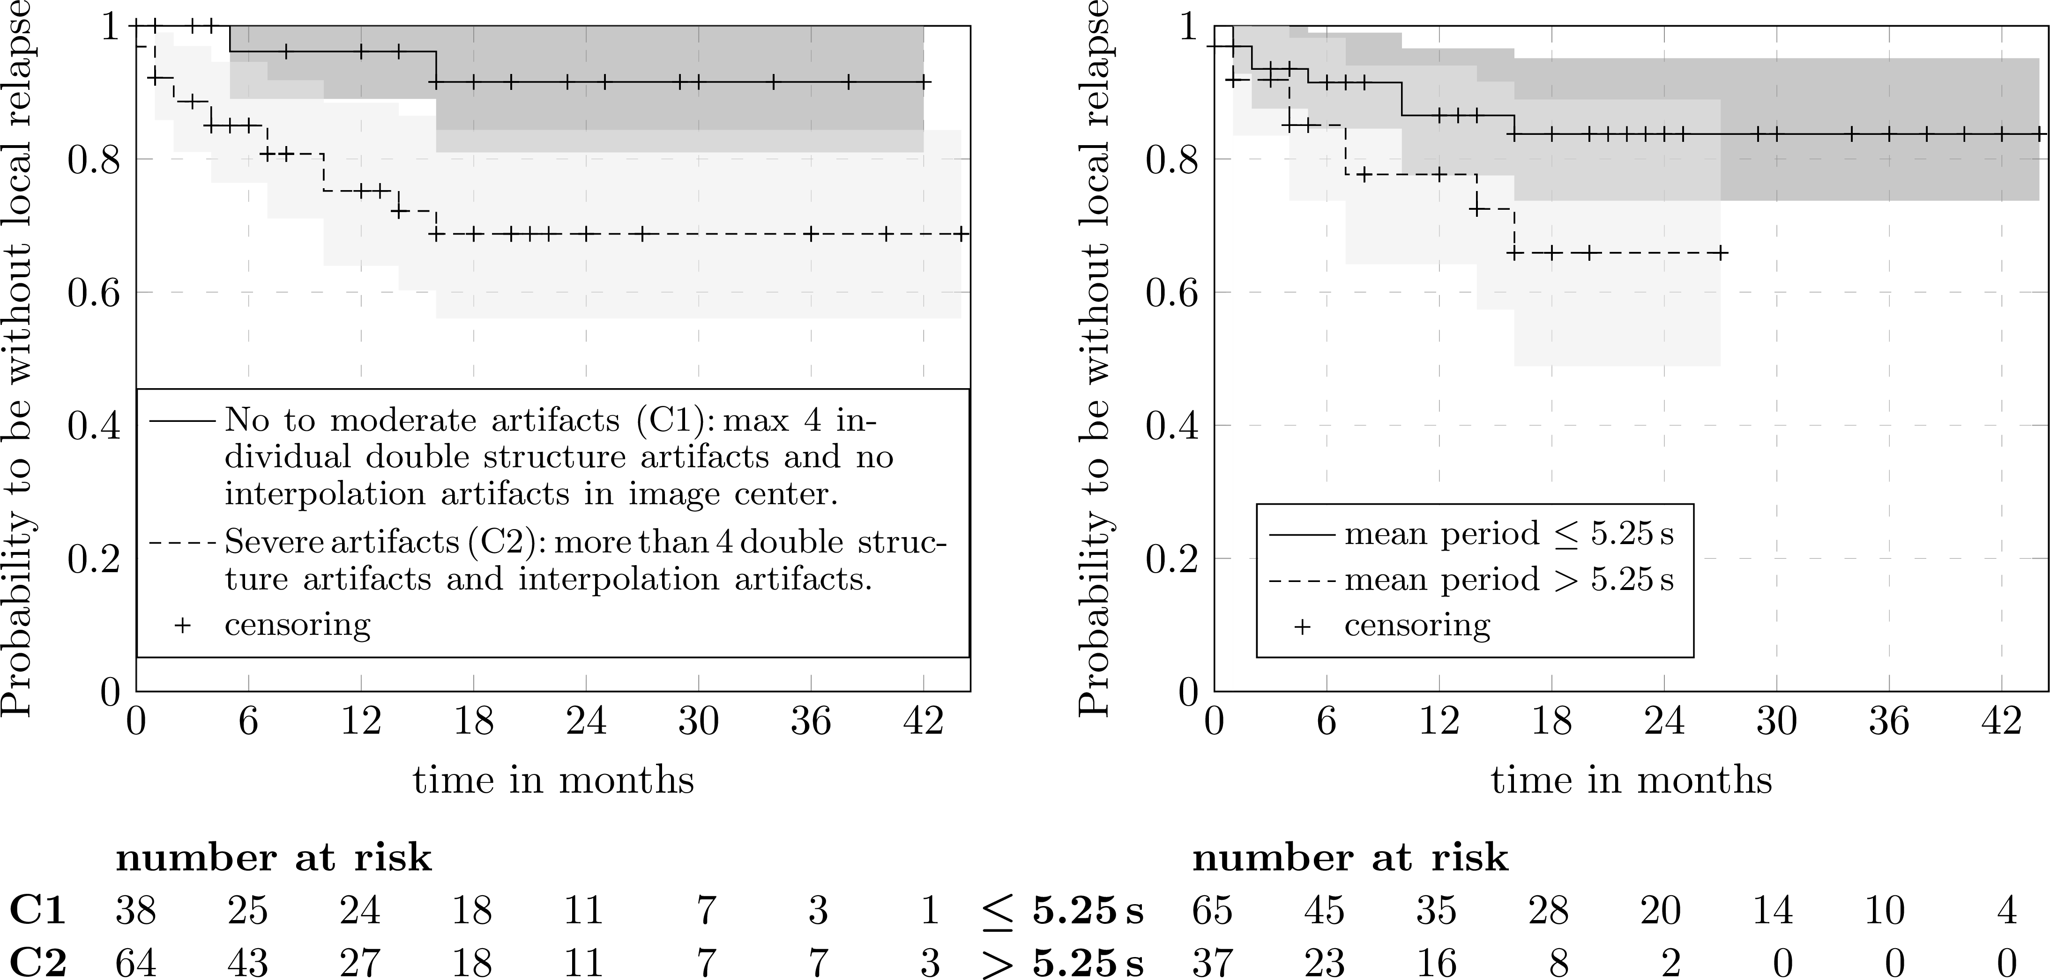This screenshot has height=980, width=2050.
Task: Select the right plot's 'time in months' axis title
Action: [1632, 781]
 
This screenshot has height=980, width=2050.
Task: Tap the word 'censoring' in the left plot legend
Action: [298, 625]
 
